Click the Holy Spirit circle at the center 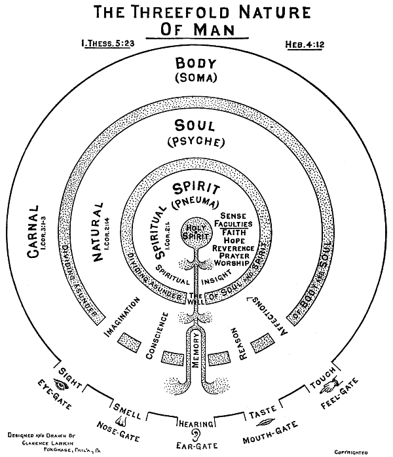point(195,231)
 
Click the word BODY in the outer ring point(195,66)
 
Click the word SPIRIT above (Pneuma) point(196,190)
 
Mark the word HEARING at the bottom point(195,421)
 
